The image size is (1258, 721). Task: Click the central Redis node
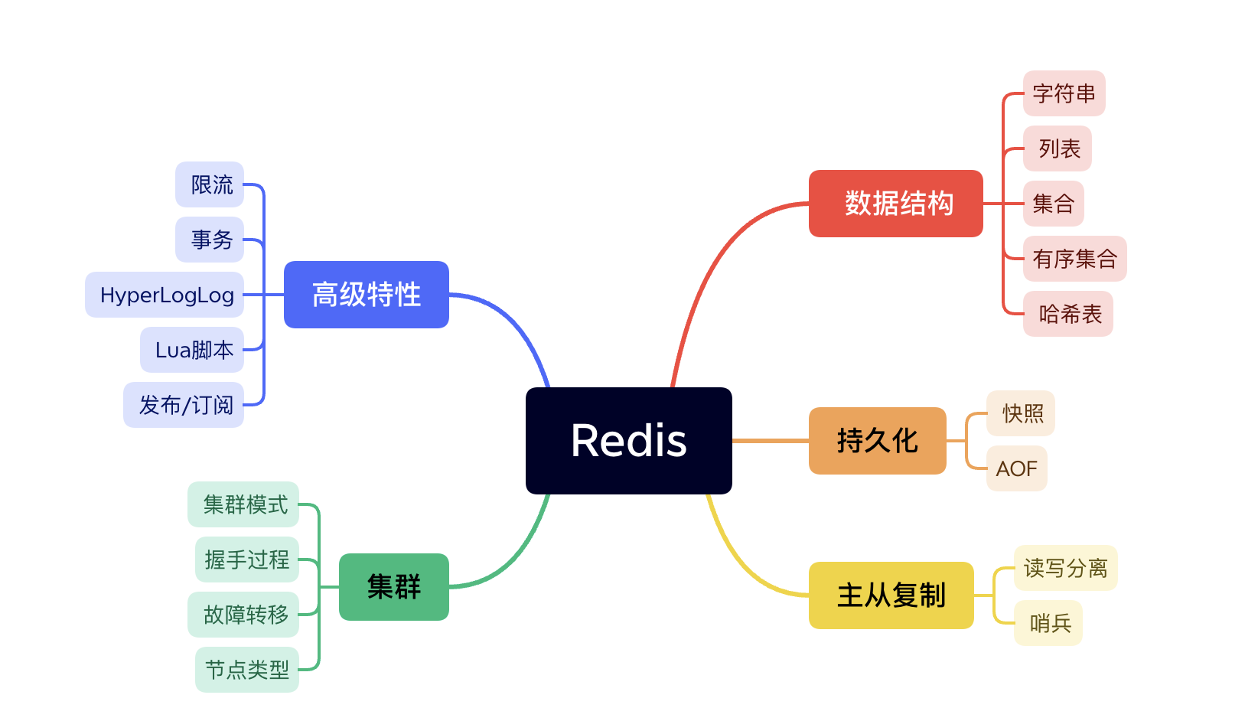click(x=628, y=441)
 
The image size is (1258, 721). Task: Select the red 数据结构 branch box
click(x=895, y=204)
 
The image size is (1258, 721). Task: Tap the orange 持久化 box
click(x=877, y=441)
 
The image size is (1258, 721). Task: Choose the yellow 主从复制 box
click(x=891, y=595)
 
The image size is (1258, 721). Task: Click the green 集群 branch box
click(x=393, y=587)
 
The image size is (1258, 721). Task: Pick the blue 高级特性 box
click(x=366, y=295)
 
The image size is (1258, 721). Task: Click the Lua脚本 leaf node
click(x=193, y=350)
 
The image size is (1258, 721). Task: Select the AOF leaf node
click(x=1016, y=468)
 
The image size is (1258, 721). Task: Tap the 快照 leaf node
click(x=1022, y=413)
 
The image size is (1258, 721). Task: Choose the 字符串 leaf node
click(x=1064, y=93)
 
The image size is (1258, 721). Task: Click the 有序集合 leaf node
click(x=1074, y=259)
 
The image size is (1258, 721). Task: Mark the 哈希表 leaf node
click(x=1068, y=314)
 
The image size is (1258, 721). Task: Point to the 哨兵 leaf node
click(x=1048, y=623)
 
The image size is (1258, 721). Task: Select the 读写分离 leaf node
click(x=1065, y=568)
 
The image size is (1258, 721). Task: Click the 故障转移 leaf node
click(x=244, y=615)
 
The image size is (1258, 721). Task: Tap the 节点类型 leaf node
click(x=246, y=670)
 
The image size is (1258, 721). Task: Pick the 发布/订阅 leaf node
click(x=184, y=405)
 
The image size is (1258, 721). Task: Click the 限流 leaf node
click(x=210, y=184)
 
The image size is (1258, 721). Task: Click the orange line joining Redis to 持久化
click(x=770, y=441)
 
